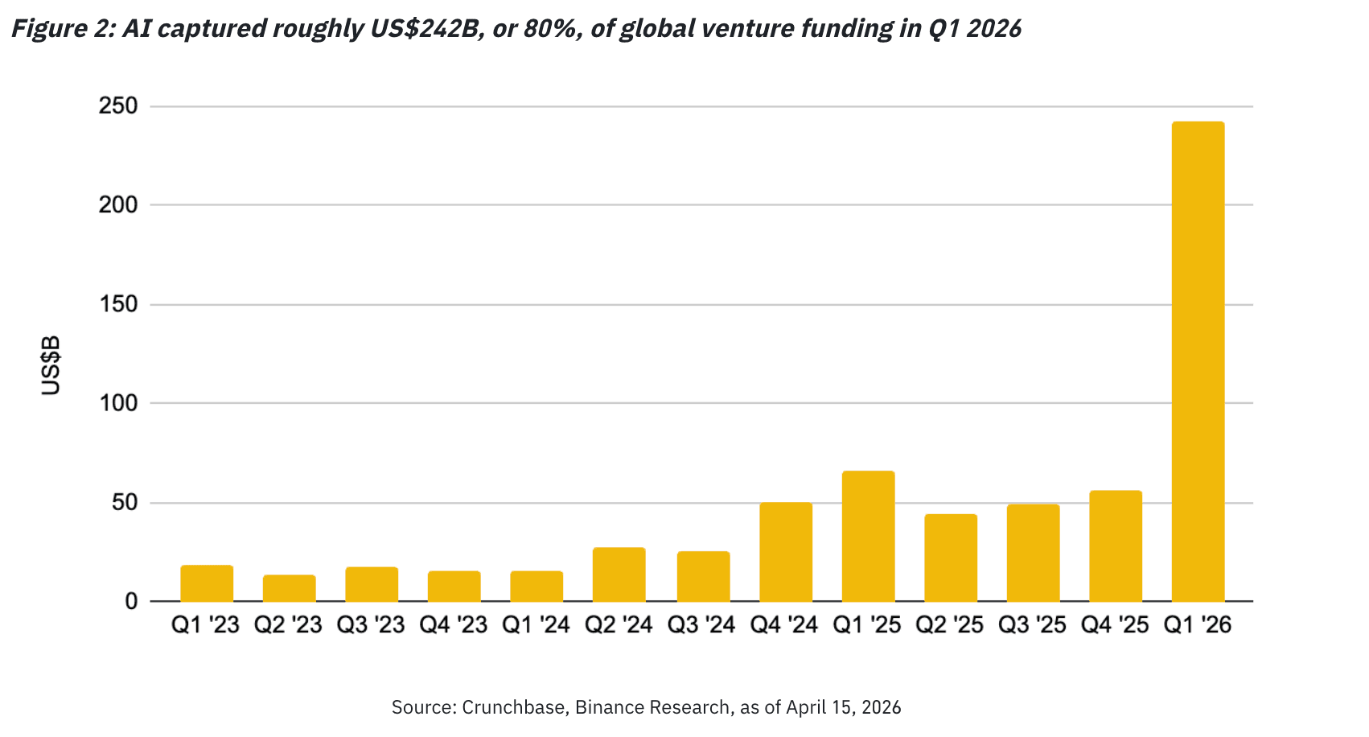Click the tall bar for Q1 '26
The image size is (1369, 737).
tap(1198, 362)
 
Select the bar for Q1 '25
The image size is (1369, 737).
tap(868, 537)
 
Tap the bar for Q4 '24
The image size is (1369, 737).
tap(786, 552)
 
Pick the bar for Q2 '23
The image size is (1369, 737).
tap(289, 589)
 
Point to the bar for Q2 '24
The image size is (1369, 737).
tap(619, 575)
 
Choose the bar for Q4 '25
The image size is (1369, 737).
tap(1115, 546)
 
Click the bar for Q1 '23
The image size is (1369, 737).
tap(207, 584)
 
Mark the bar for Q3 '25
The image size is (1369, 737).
tap(1033, 554)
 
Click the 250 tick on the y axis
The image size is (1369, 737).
tap(118, 106)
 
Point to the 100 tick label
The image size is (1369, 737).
tap(118, 403)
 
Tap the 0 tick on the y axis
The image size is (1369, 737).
tap(131, 602)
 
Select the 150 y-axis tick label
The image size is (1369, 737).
tap(118, 304)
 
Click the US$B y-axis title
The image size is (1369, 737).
tap(51, 366)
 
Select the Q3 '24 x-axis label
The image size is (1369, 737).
tap(701, 625)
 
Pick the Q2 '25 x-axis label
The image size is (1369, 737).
tap(950, 625)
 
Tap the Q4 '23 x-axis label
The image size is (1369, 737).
tap(454, 625)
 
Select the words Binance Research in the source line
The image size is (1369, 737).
tap(652, 708)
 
